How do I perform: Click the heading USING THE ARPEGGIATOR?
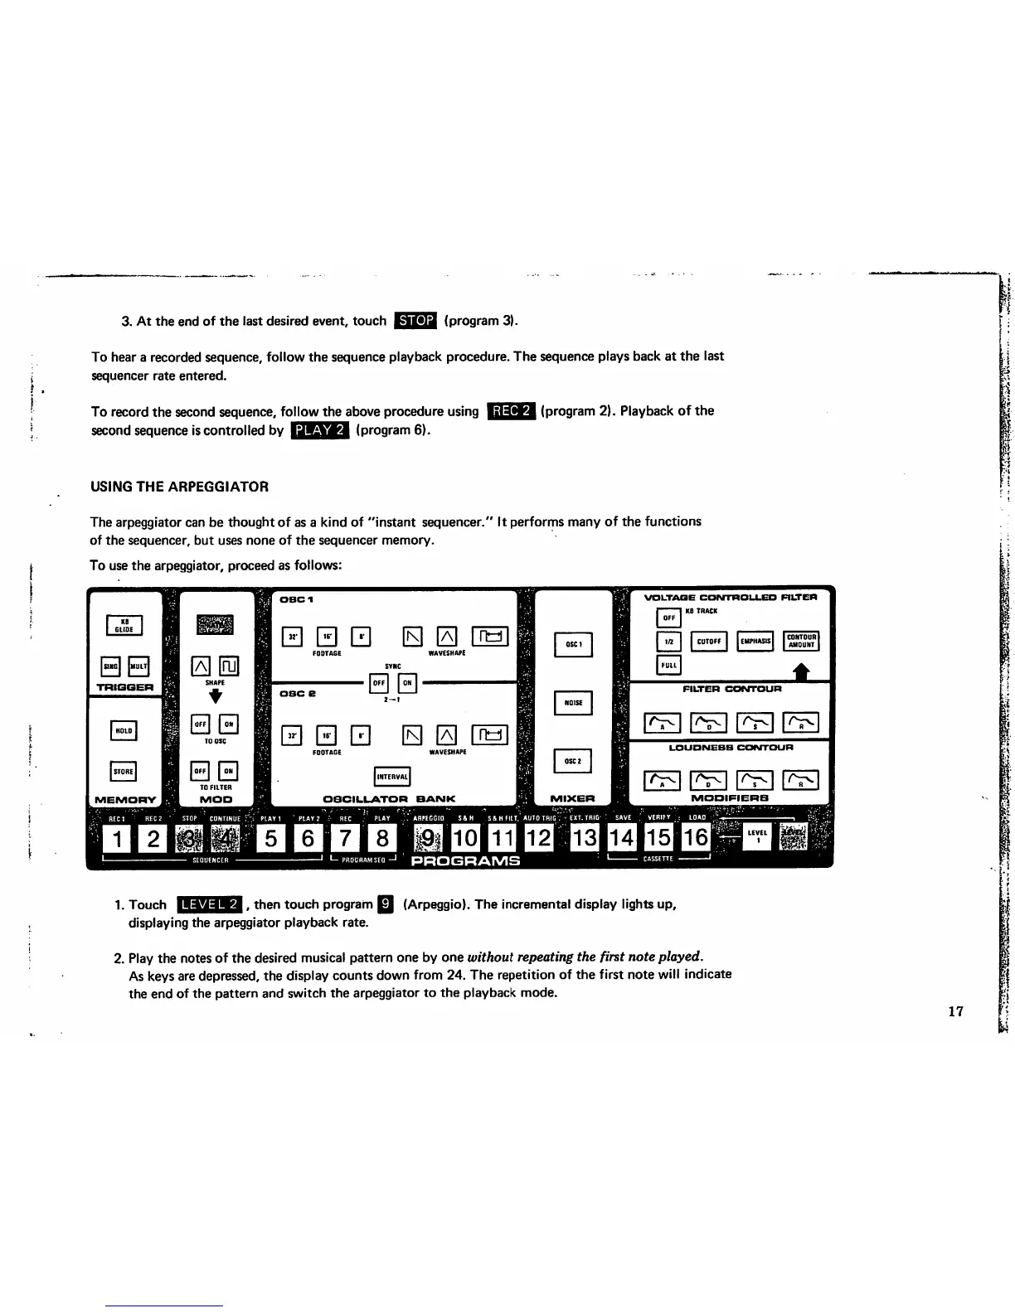(x=179, y=487)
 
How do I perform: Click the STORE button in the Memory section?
(x=124, y=771)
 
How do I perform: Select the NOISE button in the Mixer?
(x=574, y=703)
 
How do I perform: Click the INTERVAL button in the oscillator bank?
(x=392, y=777)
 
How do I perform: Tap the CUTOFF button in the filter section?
(x=708, y=641)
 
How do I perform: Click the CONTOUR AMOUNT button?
(x=801, y=641)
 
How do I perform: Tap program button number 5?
(x=272, y=839)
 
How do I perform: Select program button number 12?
(x=539, y=839)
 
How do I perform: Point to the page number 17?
(x=955, y=1010)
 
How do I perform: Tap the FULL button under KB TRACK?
(x=668, y=666)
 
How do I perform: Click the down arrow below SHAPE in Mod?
(x=215, y=696)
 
